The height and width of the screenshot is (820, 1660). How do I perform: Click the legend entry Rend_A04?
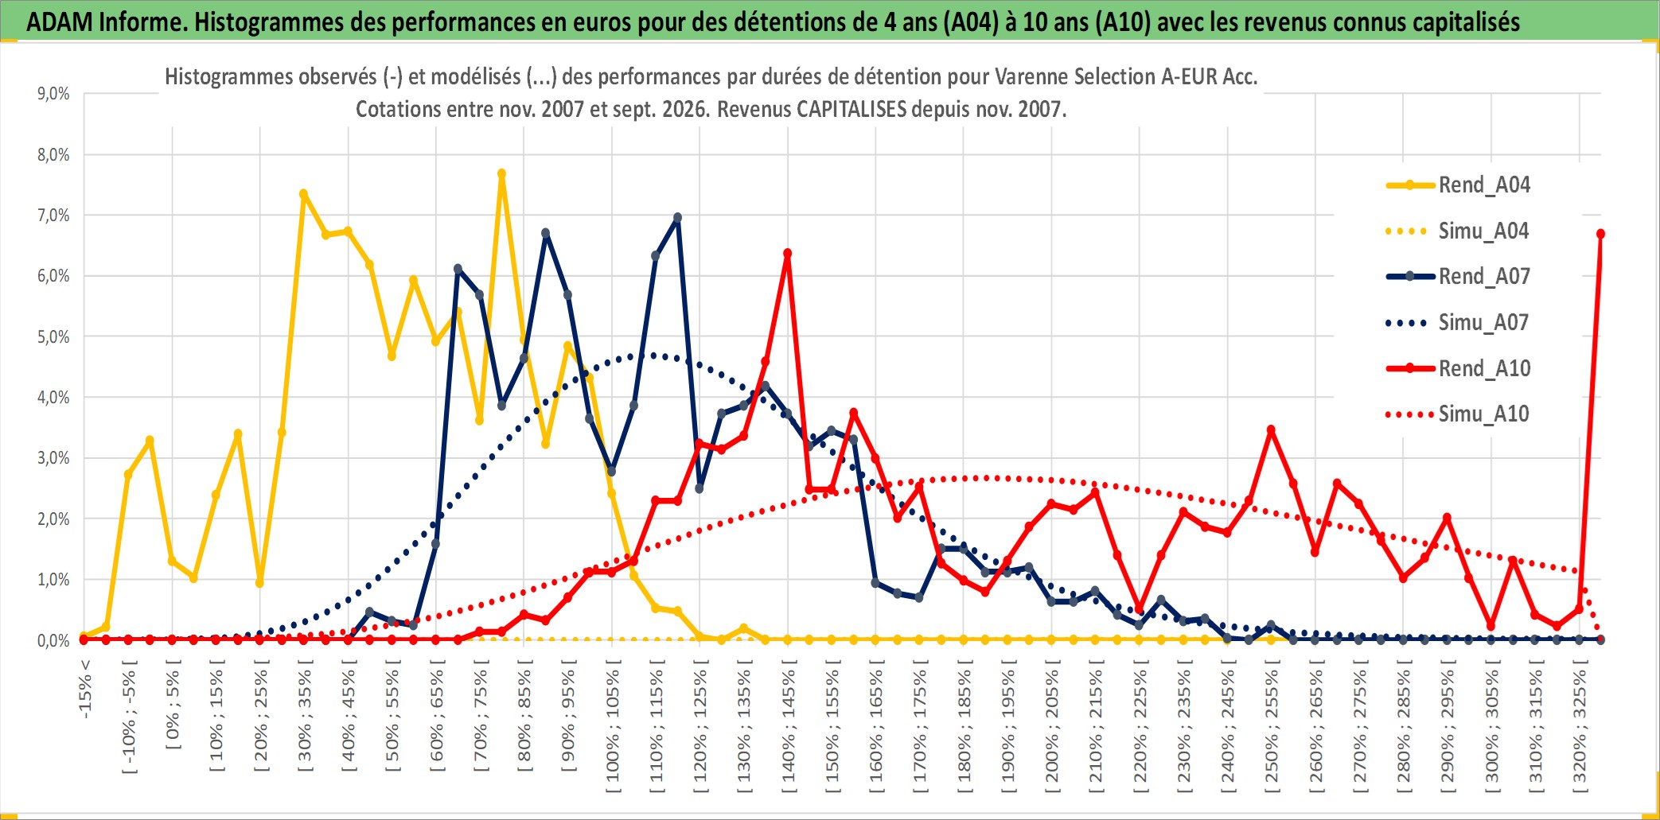[x=1458, y=185]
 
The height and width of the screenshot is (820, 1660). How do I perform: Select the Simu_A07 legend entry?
[x=1458, y=323]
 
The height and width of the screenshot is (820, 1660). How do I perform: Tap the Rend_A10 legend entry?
[x=1458, y=369]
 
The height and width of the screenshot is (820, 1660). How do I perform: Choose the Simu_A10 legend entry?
[x=1458, y=414]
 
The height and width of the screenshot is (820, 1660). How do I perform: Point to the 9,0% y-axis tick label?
[x=53, y=94]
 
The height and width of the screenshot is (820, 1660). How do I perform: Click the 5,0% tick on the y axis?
[x=53, y=336]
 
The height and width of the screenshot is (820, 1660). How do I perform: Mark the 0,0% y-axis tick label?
[x=53, y=640]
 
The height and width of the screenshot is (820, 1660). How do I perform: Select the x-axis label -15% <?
[x=85, y=689]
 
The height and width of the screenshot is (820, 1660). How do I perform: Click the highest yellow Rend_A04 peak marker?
[x=501, y=173]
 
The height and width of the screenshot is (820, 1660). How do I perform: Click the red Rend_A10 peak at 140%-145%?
[x=787, y=254]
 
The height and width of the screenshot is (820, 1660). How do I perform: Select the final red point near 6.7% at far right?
[x=1600, y=234]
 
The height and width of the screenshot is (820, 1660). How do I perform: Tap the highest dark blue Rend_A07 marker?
[x=677, y=217]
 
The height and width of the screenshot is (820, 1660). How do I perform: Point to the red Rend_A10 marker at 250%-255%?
[x=1271, y=430]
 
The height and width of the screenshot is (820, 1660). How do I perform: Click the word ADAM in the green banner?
[x=59, y=22]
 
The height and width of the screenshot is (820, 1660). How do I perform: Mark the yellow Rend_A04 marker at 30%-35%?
[x=303, y=194]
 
